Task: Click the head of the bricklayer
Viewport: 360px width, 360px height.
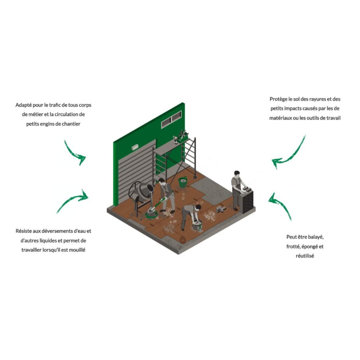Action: click(x=237, y=174)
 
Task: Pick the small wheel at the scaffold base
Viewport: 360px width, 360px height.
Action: click(x=195, y=177)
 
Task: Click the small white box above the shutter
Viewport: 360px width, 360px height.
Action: click(x=135, y=147)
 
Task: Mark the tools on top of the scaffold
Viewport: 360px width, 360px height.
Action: click(x=181, y=136)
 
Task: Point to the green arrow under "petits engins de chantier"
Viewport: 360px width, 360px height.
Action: click(x=75, y=153)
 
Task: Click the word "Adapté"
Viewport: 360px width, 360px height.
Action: click(x=24, y=105)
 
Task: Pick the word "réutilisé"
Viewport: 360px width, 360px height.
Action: click(x=305, y=256)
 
